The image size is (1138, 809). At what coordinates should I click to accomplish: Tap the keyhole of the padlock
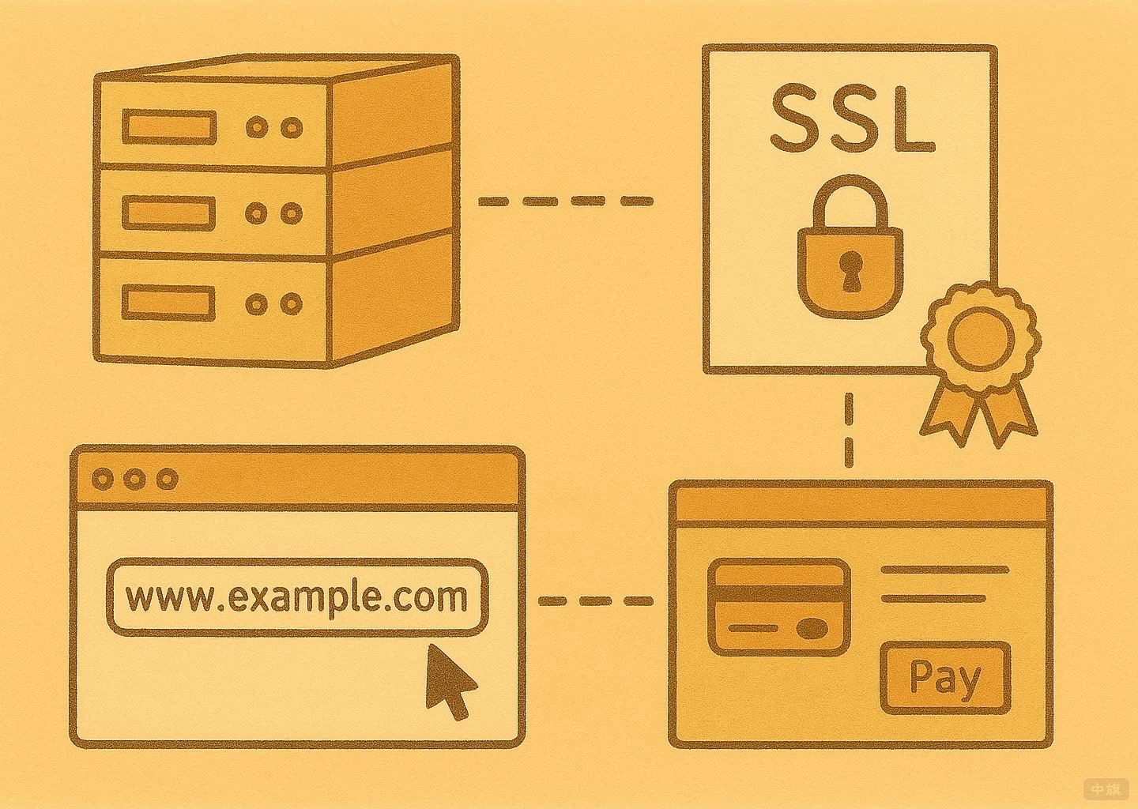pyautogui.click(x=850, y=269)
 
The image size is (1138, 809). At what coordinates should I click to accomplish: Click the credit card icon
pyautogui.click(x=778, y=607)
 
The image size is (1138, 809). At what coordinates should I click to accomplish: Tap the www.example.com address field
pyautogui.click(x=296, y=597)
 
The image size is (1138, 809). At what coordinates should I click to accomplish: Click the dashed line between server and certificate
pyautogui.click(x=566, y=201)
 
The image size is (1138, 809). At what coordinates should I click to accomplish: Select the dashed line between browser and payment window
pyautogui.click(x=596, y=601)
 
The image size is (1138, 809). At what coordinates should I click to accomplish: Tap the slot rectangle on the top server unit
pyautogui.click(x=169, y=126)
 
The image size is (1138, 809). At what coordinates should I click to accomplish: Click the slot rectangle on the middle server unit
pyautogui.click(x=169, y=213)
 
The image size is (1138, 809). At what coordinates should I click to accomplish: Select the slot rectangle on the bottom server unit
pyautogui.click(x=169, y=303)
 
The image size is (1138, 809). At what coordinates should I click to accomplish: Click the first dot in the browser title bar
pyautogui.click(x=103, y=479)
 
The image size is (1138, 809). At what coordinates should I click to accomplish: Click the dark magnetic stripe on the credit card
pyautogui.click(x=778, y=593)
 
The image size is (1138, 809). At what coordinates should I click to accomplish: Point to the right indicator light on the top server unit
pyautogui.click(x=292, y=127)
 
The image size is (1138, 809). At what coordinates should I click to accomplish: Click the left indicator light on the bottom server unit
pyautogui.click(x=256, y=304)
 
